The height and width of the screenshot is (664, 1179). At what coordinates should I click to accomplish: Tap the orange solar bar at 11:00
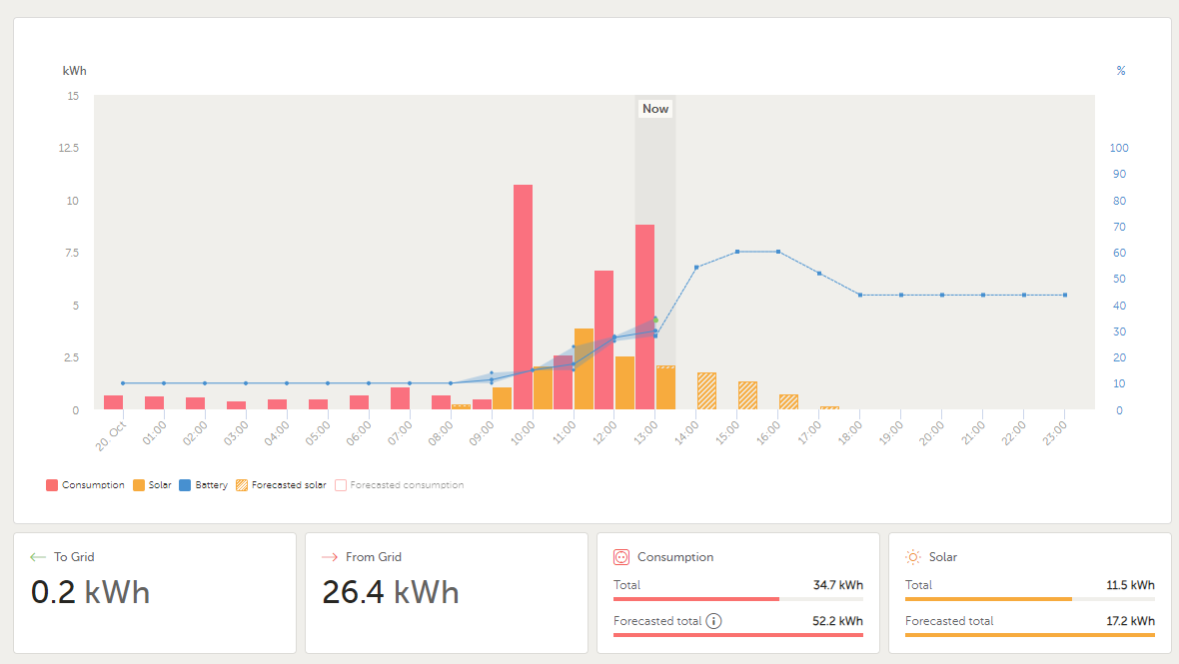584,368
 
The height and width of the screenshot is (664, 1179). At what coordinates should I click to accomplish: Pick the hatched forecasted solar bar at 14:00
706,390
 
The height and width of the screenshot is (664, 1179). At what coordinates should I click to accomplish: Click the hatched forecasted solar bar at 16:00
788,401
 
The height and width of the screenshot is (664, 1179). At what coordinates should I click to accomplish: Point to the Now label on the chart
655,109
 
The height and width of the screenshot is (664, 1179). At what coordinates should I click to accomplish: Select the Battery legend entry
204,485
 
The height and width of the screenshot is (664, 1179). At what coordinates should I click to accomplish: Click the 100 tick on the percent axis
1119,148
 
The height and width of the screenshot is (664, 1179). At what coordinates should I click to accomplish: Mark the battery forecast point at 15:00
737,252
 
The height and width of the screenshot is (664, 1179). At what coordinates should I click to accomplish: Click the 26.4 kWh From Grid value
390,592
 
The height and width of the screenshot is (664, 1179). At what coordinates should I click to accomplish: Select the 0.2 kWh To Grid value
90,592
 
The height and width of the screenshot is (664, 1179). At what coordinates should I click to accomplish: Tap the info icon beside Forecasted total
713,621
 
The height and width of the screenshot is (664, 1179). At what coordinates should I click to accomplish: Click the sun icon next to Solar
913,557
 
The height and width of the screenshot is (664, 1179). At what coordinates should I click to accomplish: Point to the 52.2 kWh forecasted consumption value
837,621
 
